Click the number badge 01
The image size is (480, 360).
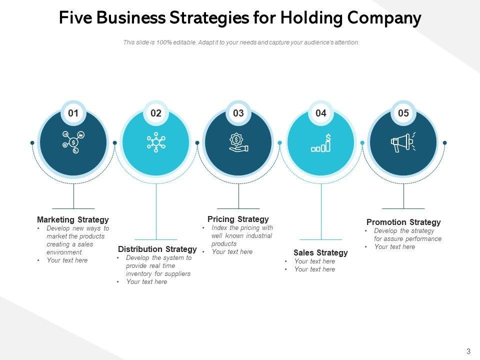73,113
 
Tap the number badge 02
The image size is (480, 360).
156,113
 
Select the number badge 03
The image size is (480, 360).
238,113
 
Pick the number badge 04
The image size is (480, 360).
321,113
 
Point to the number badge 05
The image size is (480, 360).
403,113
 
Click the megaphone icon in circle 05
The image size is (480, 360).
403,142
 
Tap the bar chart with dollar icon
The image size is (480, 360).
321,143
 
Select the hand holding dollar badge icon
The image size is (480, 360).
238,142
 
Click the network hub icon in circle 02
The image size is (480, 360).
156,142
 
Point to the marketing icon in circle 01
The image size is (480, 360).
73,142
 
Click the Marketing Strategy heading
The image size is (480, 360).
73,219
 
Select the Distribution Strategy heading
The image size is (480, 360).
157,249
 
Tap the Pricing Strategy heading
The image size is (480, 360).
238,219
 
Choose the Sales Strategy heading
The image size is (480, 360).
320,252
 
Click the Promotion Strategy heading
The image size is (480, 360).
403,222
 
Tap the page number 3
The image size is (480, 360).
468,351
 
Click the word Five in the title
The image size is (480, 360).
75,18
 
